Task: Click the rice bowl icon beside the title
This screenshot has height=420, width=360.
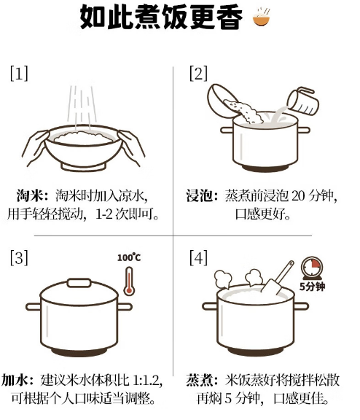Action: pos(261,17)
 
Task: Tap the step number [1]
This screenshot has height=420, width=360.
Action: pos(19,73)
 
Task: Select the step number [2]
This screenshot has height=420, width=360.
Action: pos(198,73)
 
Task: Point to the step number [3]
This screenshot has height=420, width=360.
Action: pos(19,257)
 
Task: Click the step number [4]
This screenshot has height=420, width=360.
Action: pos(198,257)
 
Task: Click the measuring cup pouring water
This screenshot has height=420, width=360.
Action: pos(303,100)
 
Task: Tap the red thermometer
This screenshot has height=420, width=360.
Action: pos(129,281)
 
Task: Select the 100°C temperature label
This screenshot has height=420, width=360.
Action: pos(129,257)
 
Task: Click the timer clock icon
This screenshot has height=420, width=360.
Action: pos(312,268)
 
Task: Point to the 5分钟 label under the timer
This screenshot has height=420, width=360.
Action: pos(312,287)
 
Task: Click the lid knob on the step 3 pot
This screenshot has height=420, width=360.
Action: pos(79,283)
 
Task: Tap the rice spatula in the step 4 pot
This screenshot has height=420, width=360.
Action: pos(278,279)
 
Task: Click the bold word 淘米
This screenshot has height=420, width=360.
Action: pos(29,196)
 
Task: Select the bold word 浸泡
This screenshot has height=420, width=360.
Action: pos(199,196)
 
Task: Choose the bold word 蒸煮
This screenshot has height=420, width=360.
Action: pos(199,381)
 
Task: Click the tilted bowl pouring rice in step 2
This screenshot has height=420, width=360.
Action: pos(222,99)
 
